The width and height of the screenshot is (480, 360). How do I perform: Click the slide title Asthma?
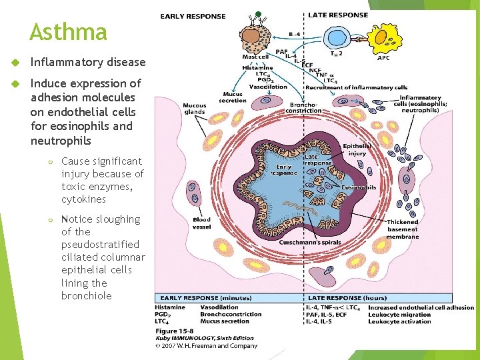coord(68,32)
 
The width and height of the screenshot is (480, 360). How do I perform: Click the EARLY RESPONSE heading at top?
coord(193,16)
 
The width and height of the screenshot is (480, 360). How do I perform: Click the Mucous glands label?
coord(195,109)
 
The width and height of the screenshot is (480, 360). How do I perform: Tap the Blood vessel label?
coord(201,223)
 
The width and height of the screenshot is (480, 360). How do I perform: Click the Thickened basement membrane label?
coord(402,229)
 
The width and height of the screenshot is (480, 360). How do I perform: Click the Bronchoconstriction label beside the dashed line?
coord(308,108)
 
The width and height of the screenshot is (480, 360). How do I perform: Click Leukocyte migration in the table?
coord(399,314)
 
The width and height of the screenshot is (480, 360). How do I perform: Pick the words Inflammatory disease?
coord(87,62)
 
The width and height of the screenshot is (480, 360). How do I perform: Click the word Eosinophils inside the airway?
coord(359,187)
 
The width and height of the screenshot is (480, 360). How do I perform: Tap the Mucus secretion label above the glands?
coord(233,97)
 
